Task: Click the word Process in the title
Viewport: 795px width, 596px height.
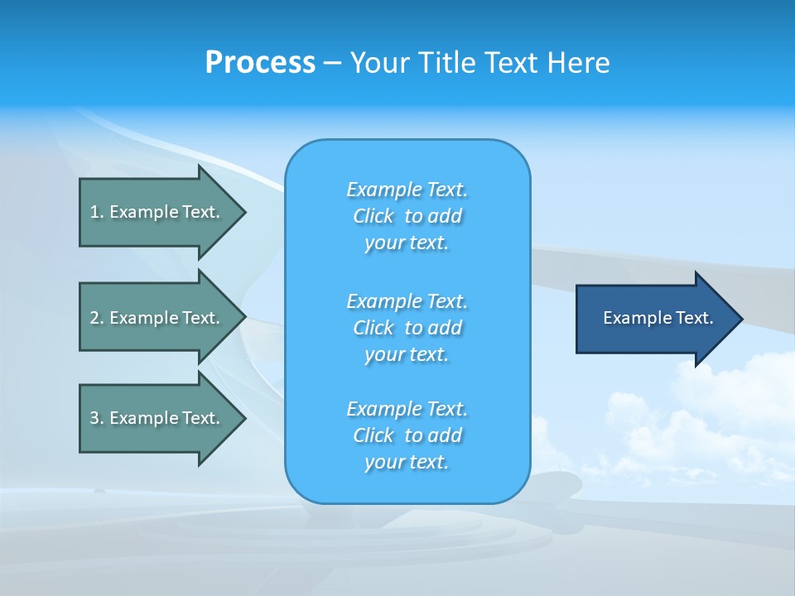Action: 260,63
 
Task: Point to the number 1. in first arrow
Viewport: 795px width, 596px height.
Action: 96,212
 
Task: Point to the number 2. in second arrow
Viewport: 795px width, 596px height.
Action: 96,318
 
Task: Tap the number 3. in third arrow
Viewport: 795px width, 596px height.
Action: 96,418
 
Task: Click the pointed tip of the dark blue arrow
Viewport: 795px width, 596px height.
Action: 740,319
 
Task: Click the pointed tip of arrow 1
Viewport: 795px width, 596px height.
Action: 243,212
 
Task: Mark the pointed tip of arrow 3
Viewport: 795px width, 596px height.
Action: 243,418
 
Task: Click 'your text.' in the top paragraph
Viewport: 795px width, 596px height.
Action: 407,243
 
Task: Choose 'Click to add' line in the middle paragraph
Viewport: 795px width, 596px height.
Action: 407,328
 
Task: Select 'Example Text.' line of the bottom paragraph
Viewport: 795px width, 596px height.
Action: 407,409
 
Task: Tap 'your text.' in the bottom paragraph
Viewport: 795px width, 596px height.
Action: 407,463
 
